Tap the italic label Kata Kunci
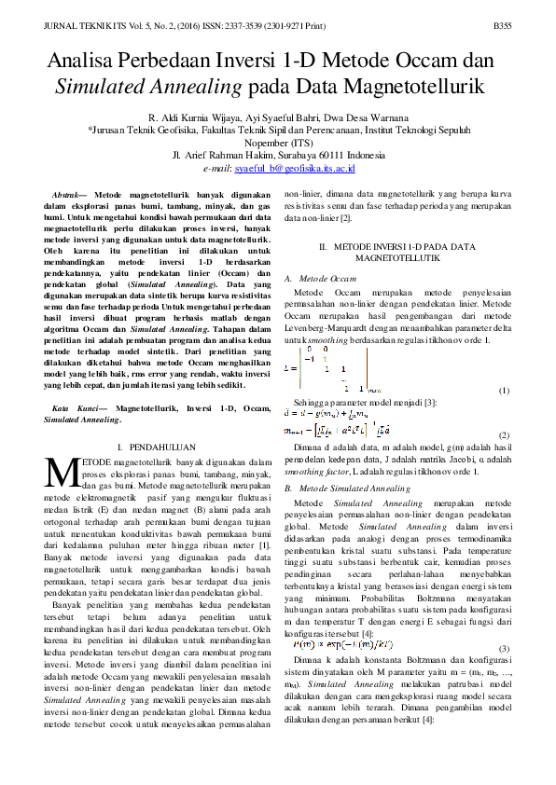click(73, 408)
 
